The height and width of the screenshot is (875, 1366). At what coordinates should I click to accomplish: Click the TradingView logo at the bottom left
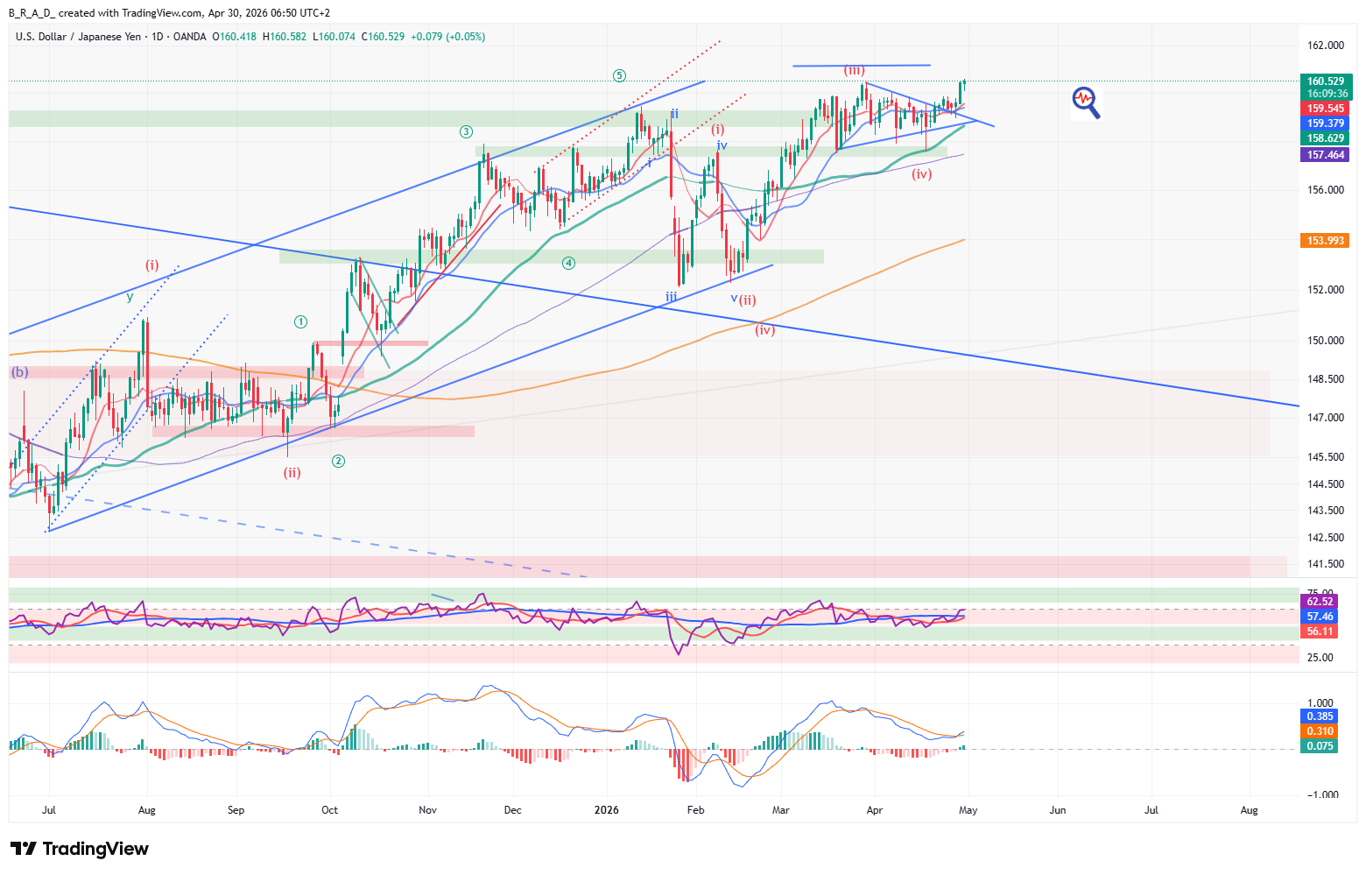pyautogui.click(x=79, y=849)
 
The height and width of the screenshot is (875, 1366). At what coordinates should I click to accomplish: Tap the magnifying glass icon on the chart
pyautogui.click(x=1086, y=102)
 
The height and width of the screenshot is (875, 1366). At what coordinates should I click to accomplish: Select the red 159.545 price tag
pyautogui.click(x=1326, y=109)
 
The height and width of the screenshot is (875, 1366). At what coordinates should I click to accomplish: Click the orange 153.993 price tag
pyautogui.click(x=1326, y=241)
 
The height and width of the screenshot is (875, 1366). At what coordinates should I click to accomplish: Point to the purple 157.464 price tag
pyautogui.click(x=1326, y=155)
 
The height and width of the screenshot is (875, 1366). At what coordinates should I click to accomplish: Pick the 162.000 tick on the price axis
pyautogui.click(x=1325, y=46)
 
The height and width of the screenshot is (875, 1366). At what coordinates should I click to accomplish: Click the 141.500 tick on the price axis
pyautogui.click(x=1325, y=564)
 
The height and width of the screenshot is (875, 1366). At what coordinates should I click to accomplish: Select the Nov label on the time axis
pyautogui.click(x=427, y=810)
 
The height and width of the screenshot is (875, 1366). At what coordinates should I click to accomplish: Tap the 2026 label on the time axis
pyautogui.click(x=606, y=810)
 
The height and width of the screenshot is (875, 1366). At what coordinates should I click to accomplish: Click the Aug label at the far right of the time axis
pyautogui.click(x=1249, y=810)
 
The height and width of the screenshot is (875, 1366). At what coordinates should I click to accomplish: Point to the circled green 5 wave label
pyautogui.click(x=619, y=75)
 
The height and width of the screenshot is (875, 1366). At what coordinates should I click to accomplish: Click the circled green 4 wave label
pyautogui.click(x=568, y=263)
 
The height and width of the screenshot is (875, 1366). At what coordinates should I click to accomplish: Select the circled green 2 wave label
pyautogui.click(x=338, y=461)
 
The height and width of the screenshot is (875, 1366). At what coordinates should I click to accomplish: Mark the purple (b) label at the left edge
pyautogui.click(x=19, y=372)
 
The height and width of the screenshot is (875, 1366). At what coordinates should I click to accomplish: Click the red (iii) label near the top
pyautogui.click(x=854, y=70)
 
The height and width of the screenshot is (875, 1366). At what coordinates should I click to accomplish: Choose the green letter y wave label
pyautogui.click(x=130, y=297)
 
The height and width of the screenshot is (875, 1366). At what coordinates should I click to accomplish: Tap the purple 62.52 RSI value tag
pyautogui.click(x=1320, y=602)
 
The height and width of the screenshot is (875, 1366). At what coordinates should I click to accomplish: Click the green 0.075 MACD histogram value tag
pyautogui.click(x=1320, y=746)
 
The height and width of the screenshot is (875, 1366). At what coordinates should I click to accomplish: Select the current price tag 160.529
pyautogui.click(x=1326, y=81)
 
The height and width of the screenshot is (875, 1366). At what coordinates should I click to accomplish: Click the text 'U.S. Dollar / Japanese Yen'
pyautogui.click(x=78, y=37)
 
